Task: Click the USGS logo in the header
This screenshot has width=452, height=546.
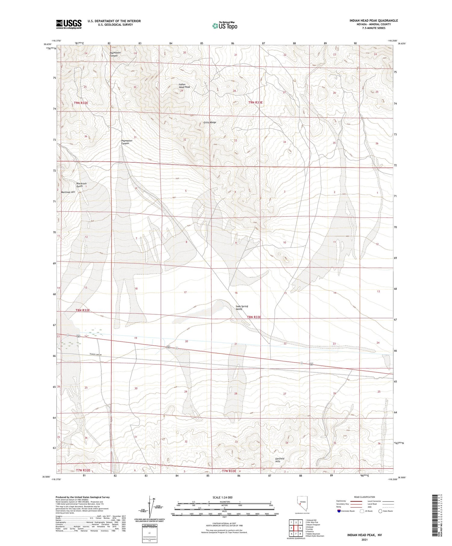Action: pos(69,24)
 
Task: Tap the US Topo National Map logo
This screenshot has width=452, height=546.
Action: pos(224,26)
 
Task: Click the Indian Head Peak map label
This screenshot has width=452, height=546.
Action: pos(184,86)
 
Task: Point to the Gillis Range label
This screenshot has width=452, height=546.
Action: pos(210,123)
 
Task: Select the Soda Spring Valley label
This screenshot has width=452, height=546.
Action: pos(242,307)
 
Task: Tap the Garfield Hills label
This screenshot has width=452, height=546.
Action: pos(280,460)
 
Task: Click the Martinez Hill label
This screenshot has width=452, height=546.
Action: pos(68,192)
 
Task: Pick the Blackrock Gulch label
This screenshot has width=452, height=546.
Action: pos(81,185)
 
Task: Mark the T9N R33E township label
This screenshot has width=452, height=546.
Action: pos(255,103)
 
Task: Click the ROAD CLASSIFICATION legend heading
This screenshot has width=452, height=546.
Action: pos(364,497)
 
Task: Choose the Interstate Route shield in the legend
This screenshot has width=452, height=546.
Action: pos(339,511)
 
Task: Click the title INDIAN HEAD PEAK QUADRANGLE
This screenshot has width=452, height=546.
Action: pos(373,20)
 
